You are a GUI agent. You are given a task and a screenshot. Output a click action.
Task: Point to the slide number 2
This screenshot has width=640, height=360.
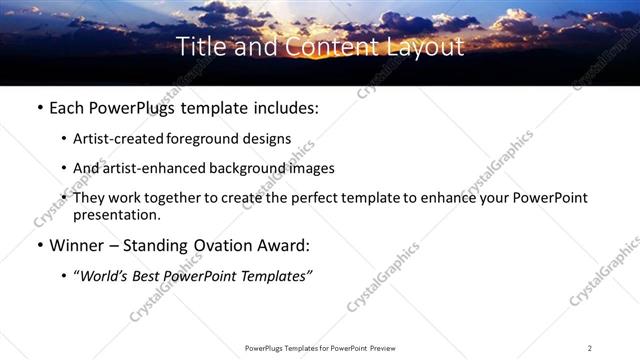pos(590,348)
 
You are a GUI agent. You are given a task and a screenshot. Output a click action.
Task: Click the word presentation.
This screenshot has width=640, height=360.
pos(116,214)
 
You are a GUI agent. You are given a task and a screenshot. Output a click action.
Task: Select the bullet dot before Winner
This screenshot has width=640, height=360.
pos(39,245)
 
